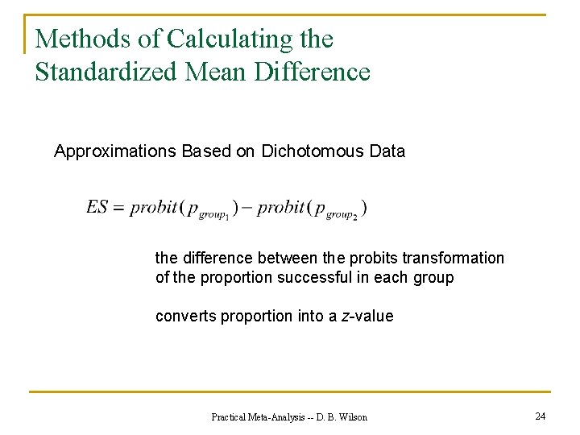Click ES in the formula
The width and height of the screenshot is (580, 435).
click(x=97, y=207)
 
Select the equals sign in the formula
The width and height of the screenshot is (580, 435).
click(x=119, y=208)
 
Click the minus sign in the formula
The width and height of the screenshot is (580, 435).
click(x=246, y=208)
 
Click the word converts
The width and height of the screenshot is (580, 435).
click(x=183, y=317)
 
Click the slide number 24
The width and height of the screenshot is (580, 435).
click(x=540, y=416)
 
